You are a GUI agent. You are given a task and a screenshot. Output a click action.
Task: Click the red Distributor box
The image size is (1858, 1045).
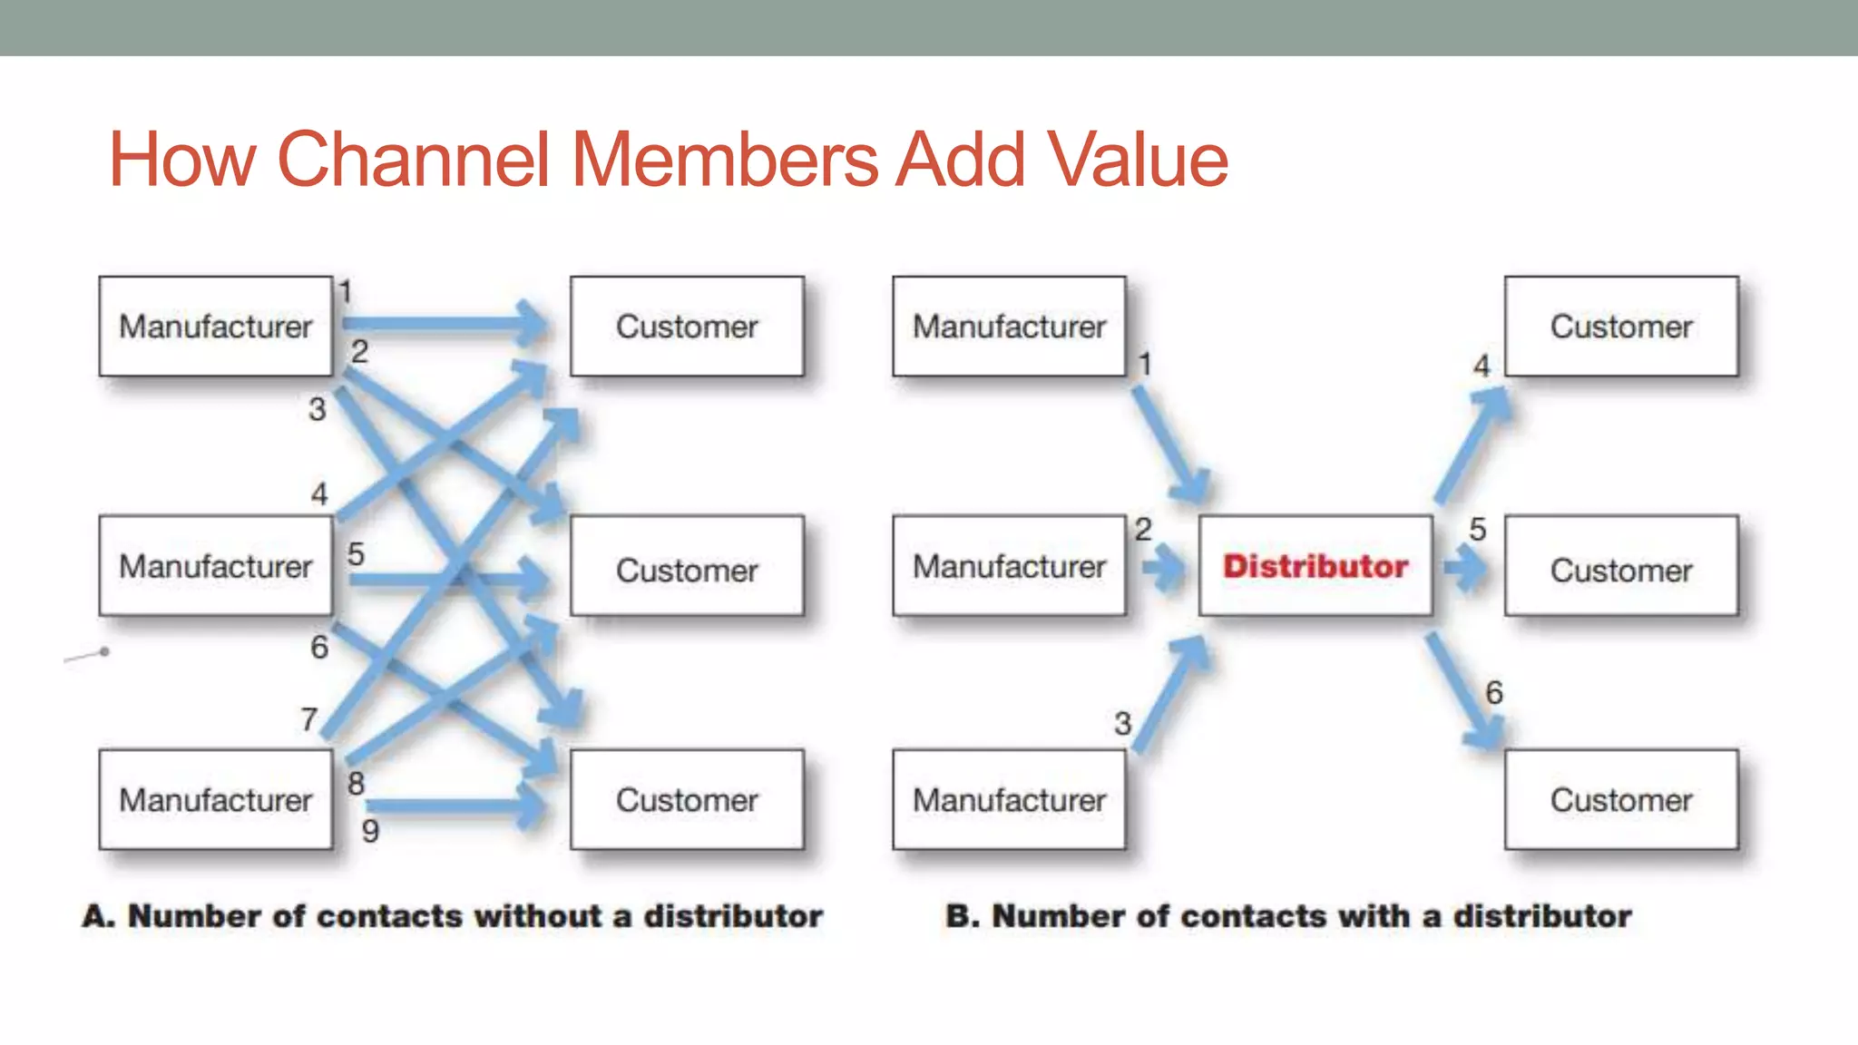pos(1315,566)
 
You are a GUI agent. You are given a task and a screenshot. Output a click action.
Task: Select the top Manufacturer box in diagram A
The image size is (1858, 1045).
pos(216,327)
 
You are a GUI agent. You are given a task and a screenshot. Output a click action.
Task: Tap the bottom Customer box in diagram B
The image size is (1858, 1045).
pos(1621,799)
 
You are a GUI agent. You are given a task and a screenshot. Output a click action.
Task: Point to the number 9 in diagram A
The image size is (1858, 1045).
pos(370,830)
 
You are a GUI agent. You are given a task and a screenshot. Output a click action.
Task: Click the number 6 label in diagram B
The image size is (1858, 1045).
pos(1494,693)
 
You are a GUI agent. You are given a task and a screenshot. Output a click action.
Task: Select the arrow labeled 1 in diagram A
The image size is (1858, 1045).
pos(445,322)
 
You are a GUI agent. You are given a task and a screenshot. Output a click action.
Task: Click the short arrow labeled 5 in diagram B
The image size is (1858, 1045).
pos(1464,569)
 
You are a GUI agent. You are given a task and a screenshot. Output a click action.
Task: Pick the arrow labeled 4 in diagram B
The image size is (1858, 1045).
pos(1473,444)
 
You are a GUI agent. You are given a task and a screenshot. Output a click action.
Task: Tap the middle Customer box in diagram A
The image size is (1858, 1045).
pos(687,569)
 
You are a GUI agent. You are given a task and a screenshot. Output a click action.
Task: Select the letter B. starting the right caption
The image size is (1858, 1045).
pos(962,916)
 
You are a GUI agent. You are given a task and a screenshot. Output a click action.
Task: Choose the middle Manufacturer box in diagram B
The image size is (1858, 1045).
pos(1009,566)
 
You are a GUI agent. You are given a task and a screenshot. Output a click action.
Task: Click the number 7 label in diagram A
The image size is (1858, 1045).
pos(309,719)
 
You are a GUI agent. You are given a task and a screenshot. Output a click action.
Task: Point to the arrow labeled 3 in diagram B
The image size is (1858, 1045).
pos(1170,694)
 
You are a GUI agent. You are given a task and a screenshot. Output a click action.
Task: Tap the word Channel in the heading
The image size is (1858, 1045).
pos(414,160)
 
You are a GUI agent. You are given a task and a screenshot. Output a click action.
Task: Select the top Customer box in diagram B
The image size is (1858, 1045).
pos(1621,327)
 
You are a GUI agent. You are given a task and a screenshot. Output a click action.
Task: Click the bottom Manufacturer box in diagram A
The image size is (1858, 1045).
pos(216,799)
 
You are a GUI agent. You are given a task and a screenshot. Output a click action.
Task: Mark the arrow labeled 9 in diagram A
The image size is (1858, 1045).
pos(454,806)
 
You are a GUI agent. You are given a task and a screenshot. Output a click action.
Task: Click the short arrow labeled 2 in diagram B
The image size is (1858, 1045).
pos(1162,569)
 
